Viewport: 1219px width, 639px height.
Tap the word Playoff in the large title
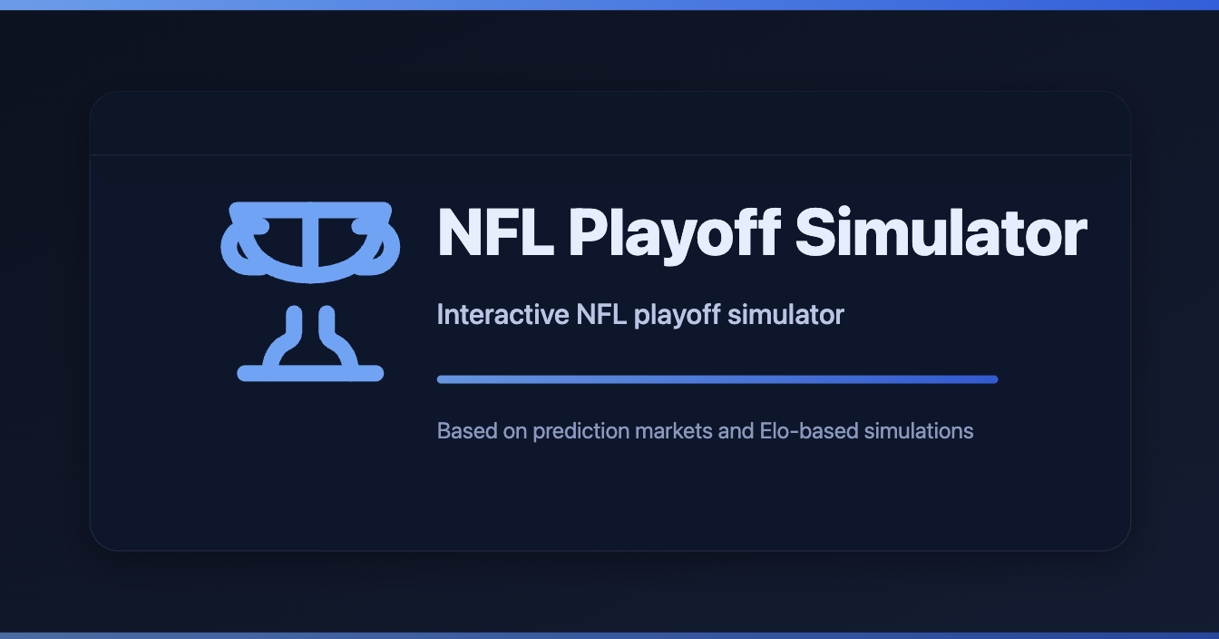point(673,234)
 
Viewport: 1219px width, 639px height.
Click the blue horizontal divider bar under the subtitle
point(717,379)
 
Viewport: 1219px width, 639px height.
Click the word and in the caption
point(736,430)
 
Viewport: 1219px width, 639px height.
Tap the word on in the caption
point(514,430)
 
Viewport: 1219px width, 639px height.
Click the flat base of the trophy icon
point(310,373)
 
